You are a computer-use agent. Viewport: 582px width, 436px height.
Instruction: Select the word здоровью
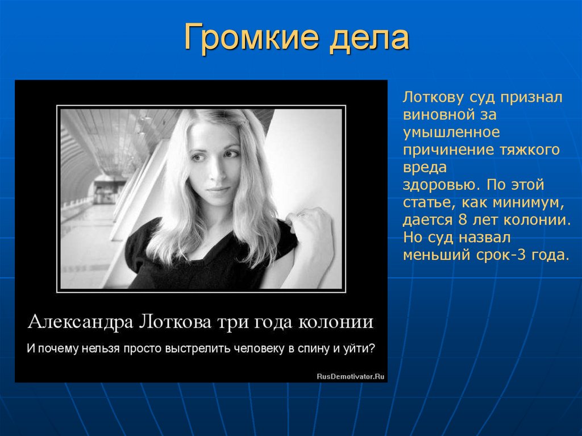click(x=439, y=185)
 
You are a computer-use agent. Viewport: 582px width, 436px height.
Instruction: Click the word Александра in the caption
click(x=78, y=322)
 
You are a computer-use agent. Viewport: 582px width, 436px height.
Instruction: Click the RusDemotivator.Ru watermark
click(x=350, y=376)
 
